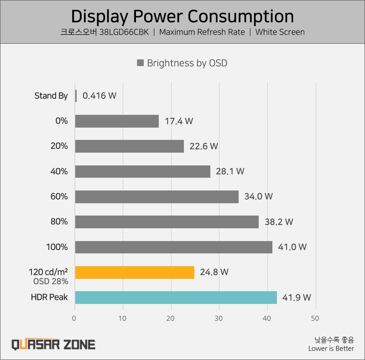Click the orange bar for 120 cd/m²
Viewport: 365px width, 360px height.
click(x=135, y=272)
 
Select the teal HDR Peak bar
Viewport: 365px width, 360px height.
click(x=176, y=298)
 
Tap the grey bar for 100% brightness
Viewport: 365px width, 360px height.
click(x=173, y=247)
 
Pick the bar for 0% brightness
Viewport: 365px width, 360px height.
click(x=117, y=121)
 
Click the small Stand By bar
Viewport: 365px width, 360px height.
click(x=76, y=96)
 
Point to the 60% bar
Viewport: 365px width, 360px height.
click(x=156, y=197)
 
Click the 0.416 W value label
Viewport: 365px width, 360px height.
click(x=99, y=96)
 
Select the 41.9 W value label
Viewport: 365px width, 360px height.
click(x=297, y=298)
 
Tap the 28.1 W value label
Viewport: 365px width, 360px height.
click(x=230, y=171)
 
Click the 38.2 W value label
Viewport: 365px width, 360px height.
click(x=279, y=222)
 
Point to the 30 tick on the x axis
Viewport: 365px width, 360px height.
click(x=219, y=318)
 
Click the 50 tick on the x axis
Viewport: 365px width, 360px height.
click(x=315, y=318)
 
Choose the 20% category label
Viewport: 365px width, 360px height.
click(x=59, y=146)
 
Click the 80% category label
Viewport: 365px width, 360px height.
click(x=59, y=222)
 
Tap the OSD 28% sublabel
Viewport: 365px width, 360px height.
click(x=51, y=281)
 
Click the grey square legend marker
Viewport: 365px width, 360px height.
click(x=141, y=63)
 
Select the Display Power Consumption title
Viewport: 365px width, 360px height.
click(x=182, y=16)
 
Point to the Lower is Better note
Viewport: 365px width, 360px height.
click(x=331, y=349)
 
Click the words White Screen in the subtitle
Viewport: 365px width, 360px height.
click(x=280, y=32)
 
